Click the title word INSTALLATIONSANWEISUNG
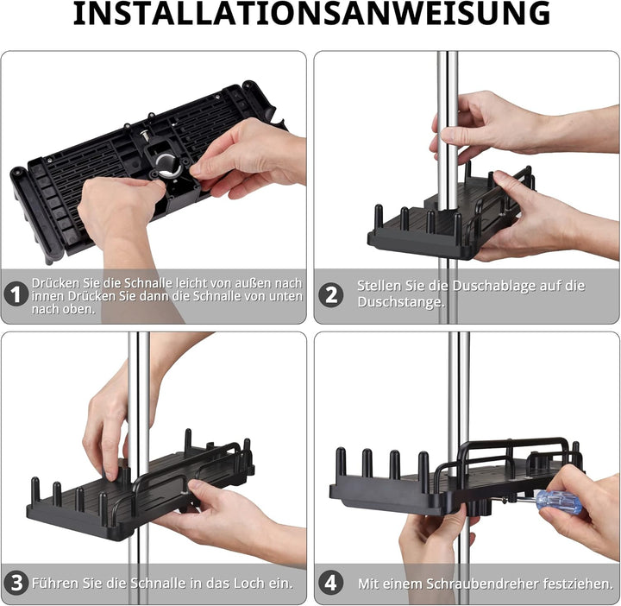click(x=310, y=15)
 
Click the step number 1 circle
click(x=15, y=295)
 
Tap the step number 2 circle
click(x=330, y=294)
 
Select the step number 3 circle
click(x=15, y=583)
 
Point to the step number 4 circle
click(x=330, y=583)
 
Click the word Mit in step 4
click(x=369, y=584)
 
